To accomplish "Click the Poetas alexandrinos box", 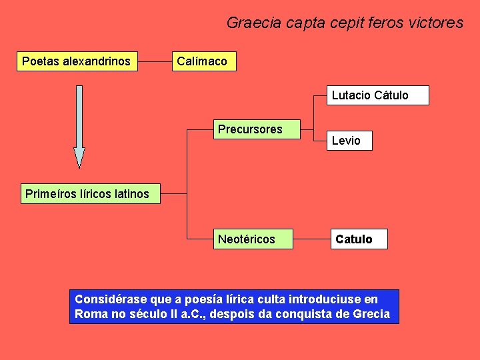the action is [77, 62].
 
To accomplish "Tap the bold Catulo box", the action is [359, 239].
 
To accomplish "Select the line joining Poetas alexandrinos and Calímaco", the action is [154, 62].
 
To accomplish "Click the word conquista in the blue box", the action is [306, 314].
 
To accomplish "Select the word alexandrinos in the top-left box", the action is [97, 62].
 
